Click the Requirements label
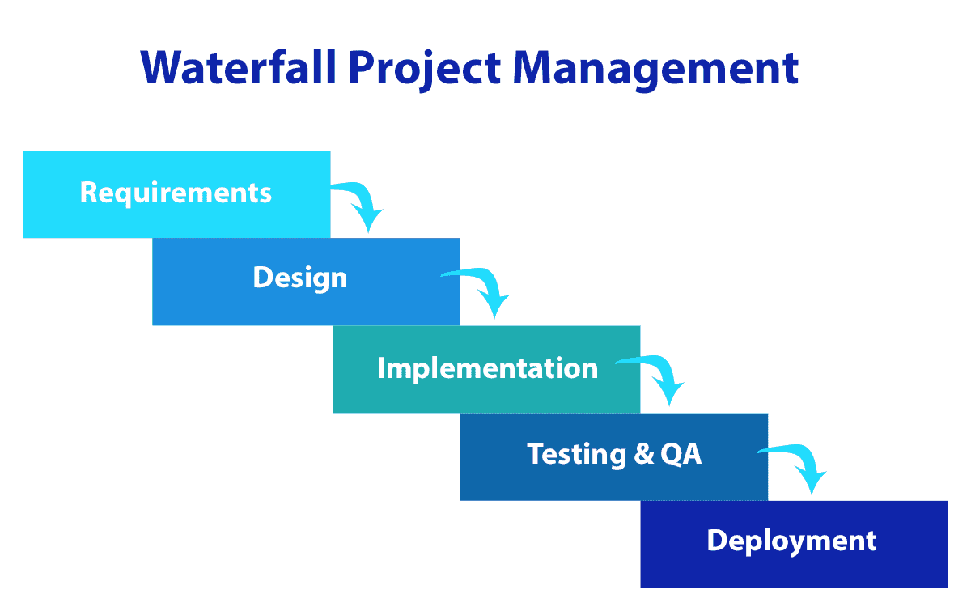(x=176, y=193)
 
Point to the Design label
(x=299, y=278)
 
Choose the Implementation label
(x=487, y=368)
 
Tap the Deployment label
(x=791, y=541)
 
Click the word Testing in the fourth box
(x=576, y=454)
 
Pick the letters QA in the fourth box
(x=681, y=454)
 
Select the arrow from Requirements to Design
(x=359, y=202)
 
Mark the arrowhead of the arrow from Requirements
(x=370, y=221)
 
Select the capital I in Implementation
(x=381, y=368)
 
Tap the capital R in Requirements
(x=89, y=193)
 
